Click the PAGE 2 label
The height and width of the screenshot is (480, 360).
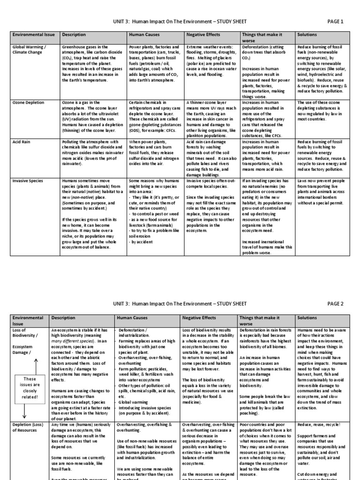tap(335, 303)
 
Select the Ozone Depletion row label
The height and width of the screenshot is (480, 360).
tap(29, 102)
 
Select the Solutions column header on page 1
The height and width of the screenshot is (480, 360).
tap(307, 35)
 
